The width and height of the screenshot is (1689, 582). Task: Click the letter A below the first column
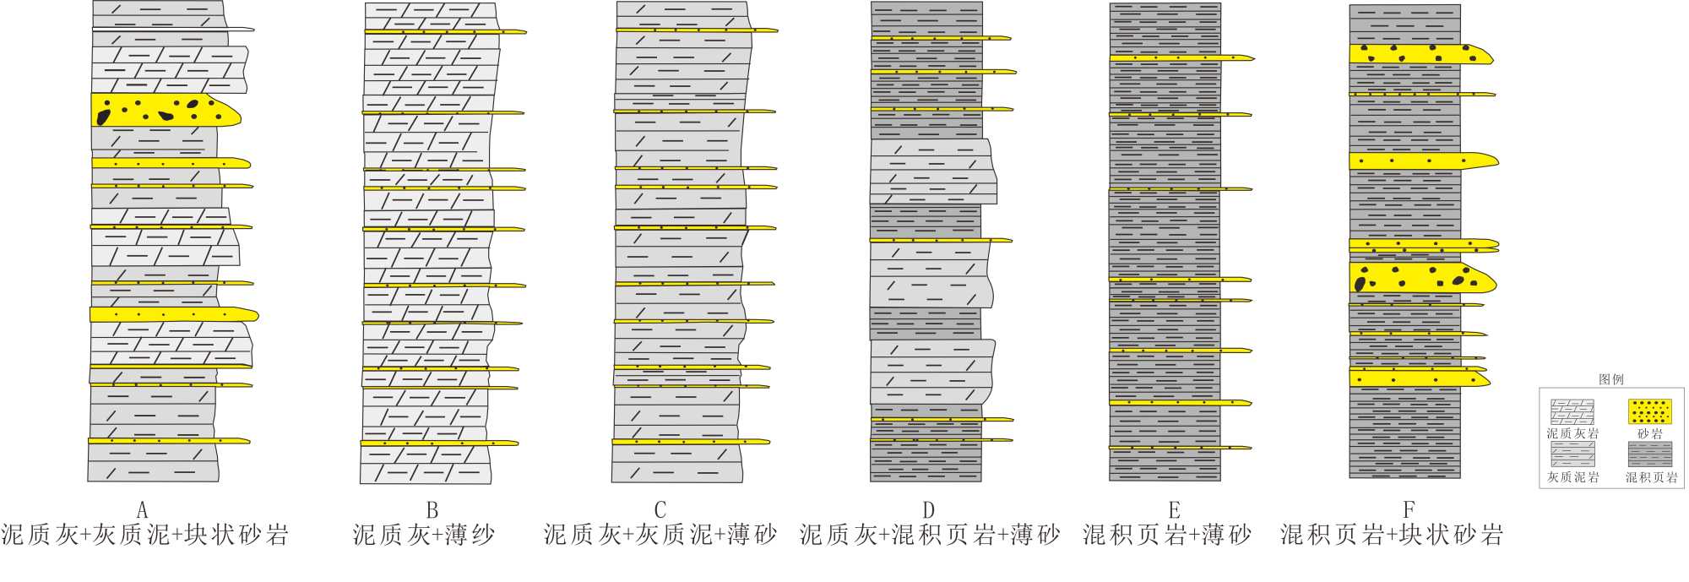tap(142, 510)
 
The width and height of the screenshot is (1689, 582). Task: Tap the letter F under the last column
tap(1408, 510)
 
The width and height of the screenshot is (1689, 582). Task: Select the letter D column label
tap(929, 510)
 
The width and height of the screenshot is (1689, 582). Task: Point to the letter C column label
tap(660, 510)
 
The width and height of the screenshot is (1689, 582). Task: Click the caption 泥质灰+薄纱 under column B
tap(423, 535)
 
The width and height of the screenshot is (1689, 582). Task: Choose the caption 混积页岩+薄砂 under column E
tap(1167, 535)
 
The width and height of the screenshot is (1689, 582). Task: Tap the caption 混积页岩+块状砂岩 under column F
tap(1392, 535)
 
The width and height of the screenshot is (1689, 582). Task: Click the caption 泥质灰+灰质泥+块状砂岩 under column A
tap(144, 535)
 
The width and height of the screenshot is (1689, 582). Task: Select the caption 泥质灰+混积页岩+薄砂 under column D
tap(929, 535)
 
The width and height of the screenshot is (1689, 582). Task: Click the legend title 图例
tap(1610, 379)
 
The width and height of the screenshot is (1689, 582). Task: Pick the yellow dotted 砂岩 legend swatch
tap(1649, 411)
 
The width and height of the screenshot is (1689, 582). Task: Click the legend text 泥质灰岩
tap(1572, 433)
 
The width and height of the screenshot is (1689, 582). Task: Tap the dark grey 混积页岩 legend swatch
tap(1649, 454)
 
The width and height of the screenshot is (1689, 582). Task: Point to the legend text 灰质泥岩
tap(1572, 477)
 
